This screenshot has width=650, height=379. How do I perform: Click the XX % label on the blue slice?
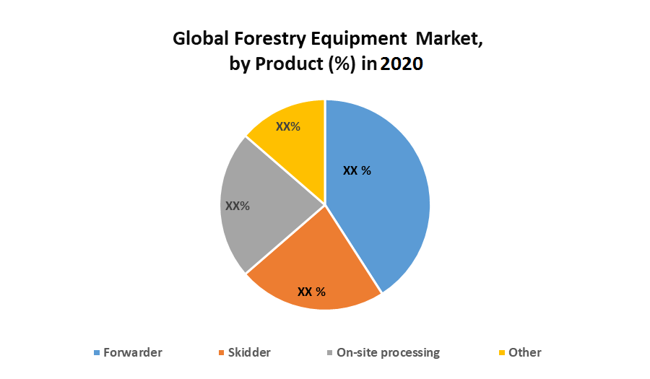357,171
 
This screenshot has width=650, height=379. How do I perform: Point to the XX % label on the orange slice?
312,292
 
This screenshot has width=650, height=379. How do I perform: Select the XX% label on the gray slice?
238,206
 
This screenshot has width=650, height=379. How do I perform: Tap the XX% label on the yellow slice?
288,126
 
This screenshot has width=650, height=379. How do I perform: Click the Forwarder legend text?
133,352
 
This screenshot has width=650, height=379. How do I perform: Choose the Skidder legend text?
249,352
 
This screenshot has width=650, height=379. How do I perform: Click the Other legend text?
525,352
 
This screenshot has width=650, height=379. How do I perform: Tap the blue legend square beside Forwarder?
97,353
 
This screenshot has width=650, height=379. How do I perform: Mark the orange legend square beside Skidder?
221,353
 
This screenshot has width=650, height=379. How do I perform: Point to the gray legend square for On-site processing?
331,353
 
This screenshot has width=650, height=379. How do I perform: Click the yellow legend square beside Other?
502,353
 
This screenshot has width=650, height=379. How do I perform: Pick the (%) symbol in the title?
341,64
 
